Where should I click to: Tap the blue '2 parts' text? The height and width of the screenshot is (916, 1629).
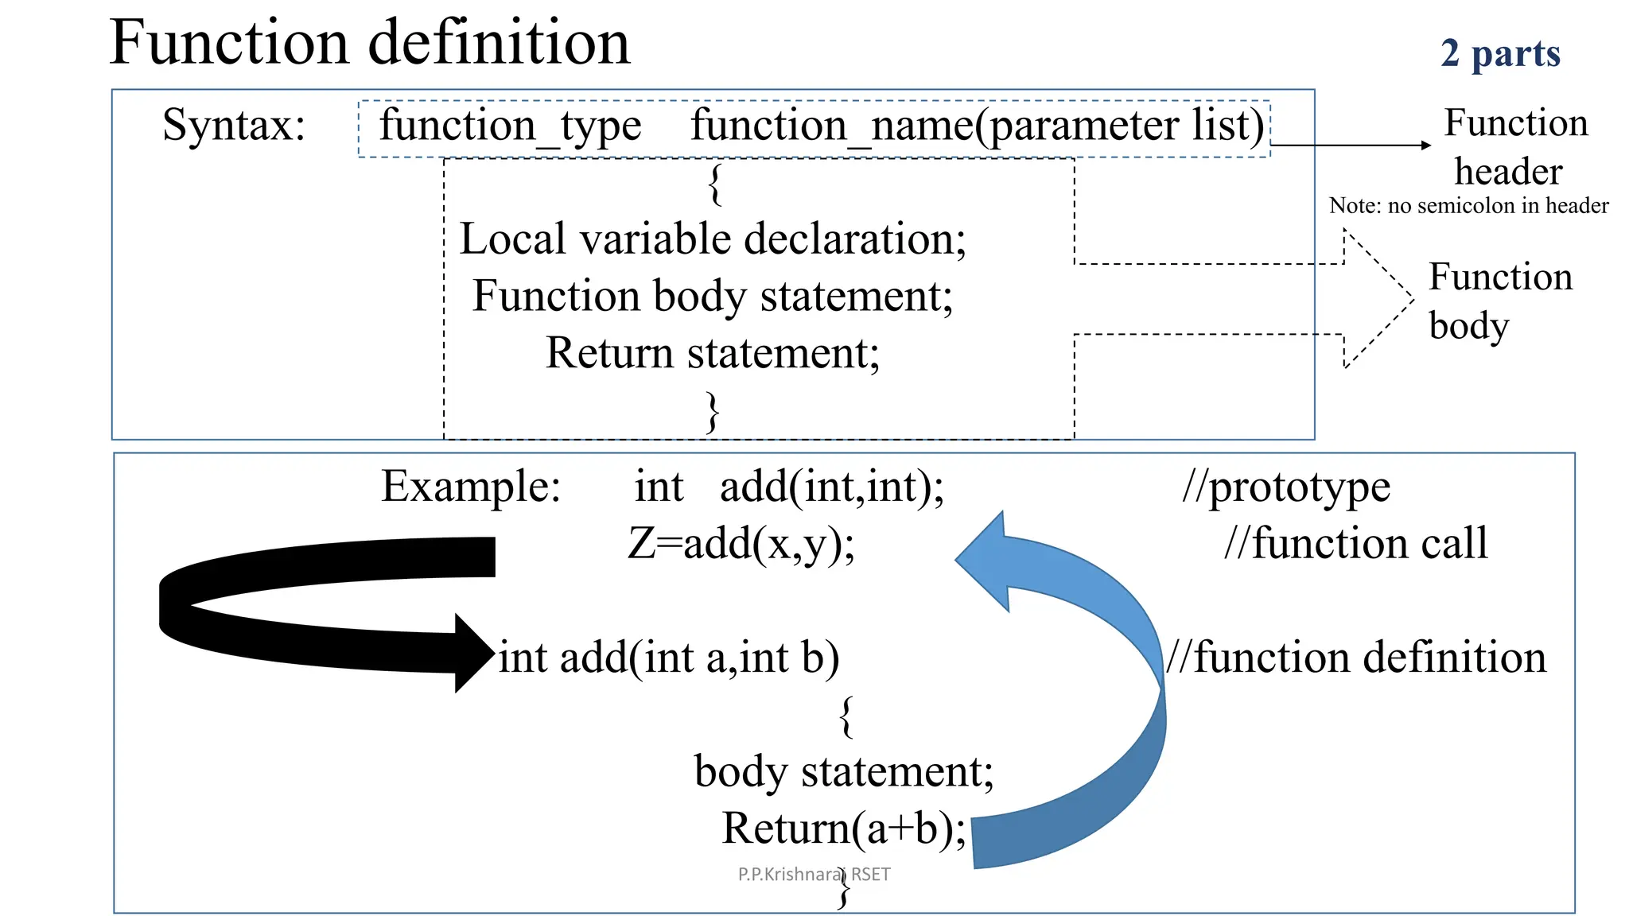[x=1500, y=53]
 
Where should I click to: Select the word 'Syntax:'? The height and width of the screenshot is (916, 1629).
[x=234, y=126]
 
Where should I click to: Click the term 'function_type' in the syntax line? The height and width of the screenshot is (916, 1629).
[x=510, y=126]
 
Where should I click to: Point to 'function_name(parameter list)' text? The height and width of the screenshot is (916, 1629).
[x=977, y=126]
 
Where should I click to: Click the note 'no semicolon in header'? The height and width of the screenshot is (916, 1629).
[x=1468, y=206]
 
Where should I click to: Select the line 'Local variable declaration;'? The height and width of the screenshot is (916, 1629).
[x=712, y=239]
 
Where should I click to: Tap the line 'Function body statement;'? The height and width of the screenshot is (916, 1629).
[x=712, y=296]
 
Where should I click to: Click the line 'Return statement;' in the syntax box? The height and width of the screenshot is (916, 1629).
[x=712, y=353]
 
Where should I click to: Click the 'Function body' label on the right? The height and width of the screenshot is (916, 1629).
[x=1499, y=301]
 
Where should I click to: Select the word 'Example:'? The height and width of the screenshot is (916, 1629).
[x=471, y=486]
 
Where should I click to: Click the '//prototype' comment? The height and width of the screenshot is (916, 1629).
[x=1286, y=486]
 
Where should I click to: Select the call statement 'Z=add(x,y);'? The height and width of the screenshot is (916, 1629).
[x=741, y=544]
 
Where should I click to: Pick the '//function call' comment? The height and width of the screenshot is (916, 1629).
[x=1355, y=544]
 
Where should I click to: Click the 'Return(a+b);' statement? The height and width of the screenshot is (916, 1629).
[x=843, y=829]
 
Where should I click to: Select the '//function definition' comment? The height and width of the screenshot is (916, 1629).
[x=1356, y=658]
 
